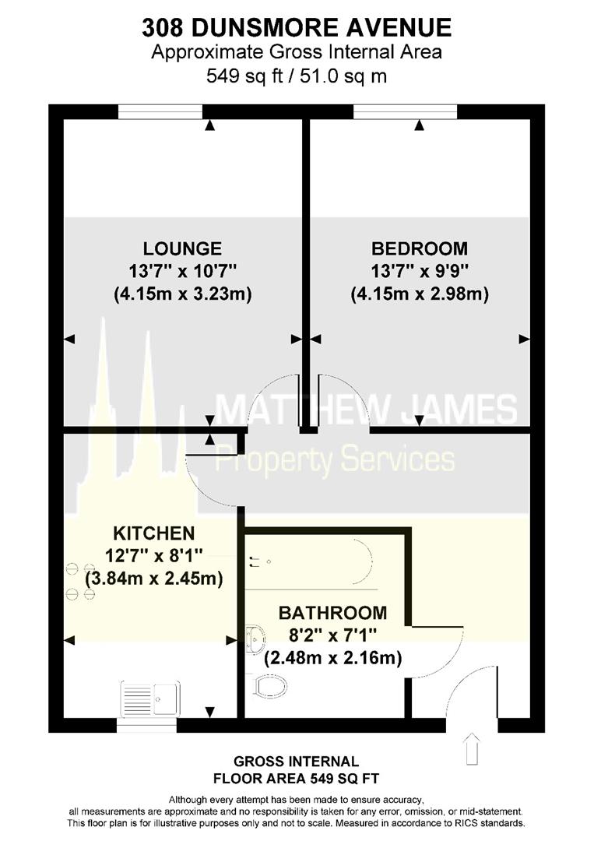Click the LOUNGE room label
pos(182,248)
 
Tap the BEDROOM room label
pos(420,248)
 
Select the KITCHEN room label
pos(154,533)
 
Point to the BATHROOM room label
pos(332,613)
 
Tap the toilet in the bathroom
pos(271,685)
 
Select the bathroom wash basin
pos(255,639)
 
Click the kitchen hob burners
pos(80,580)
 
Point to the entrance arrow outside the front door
pos(473,749)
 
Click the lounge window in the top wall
pos(160,111)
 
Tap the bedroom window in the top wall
pos(406,111)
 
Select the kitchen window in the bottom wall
pos(147,725)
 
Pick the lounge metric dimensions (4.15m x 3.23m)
pos(183,294)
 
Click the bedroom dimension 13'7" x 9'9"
pos(420,271)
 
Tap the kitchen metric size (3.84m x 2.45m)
pos(154,578)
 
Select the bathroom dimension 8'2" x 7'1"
pos(332,635)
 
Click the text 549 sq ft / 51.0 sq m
pos(297,76)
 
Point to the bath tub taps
pos(258,561)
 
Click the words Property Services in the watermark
pos(335,459)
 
